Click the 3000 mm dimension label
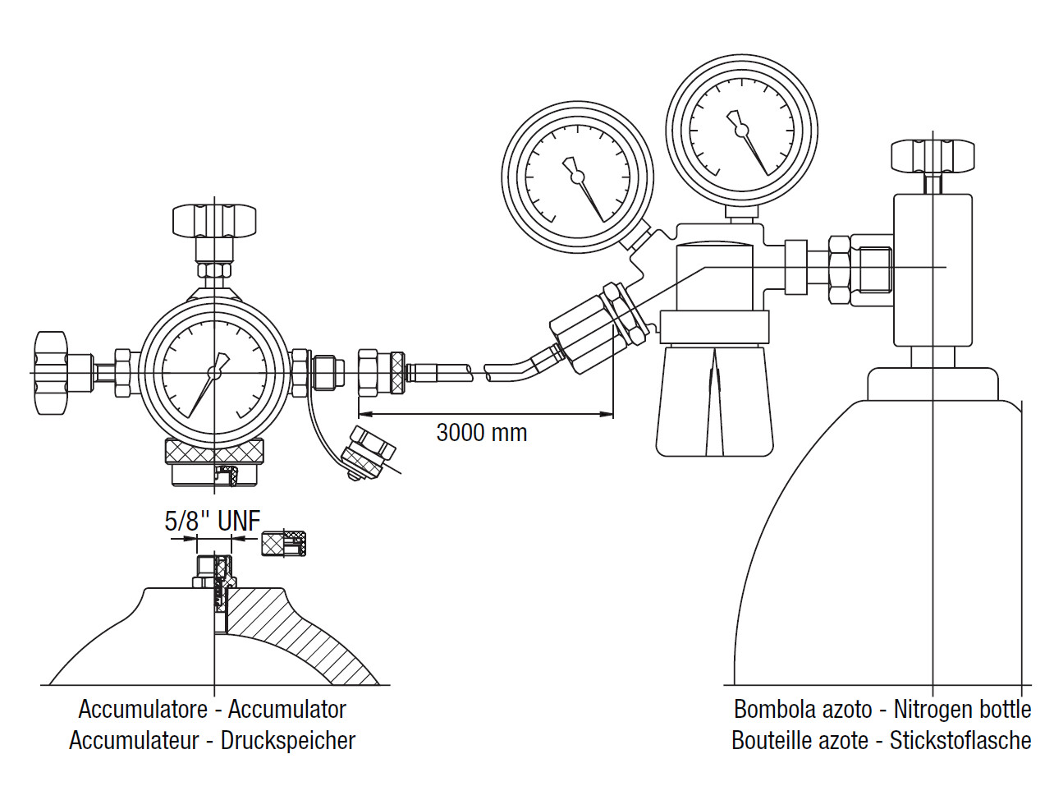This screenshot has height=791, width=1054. point(482,433)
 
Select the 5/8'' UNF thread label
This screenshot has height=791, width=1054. point(213,521)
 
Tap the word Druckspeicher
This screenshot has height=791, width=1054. point(288,741)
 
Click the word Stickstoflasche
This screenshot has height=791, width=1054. point(960,740)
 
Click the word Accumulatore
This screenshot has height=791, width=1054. point(143,710)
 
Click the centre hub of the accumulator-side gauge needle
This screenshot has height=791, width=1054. point(214,373)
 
